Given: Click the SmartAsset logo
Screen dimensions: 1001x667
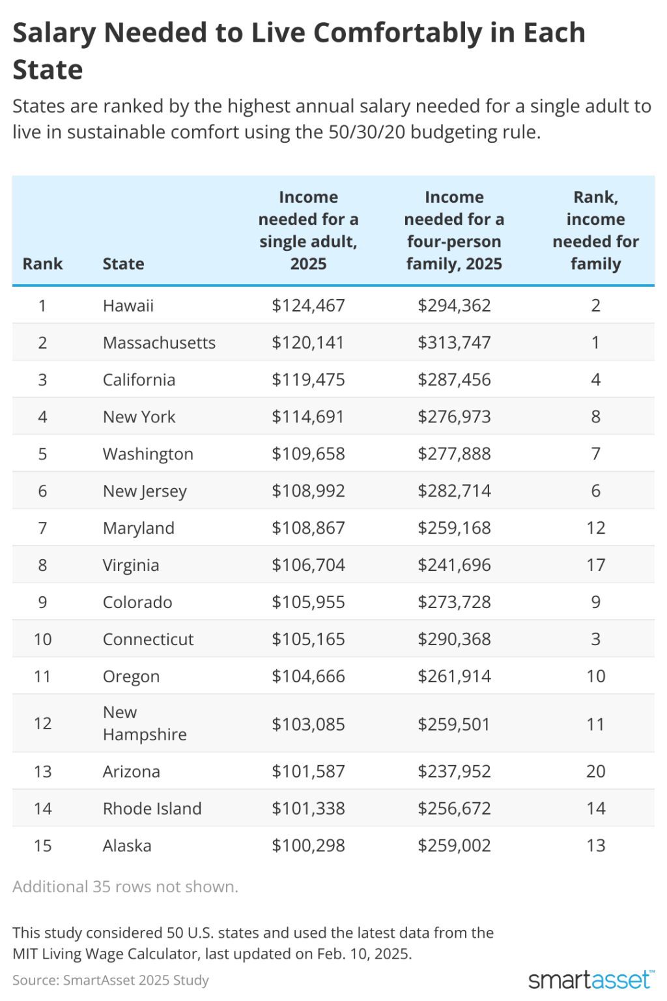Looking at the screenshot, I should pyautogui.click(x=590, y=979).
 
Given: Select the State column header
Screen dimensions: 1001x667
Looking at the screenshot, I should pyautogui.click(x=123, y=264).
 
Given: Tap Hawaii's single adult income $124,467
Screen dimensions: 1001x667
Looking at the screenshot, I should pyautogui.click(x=308, y=306).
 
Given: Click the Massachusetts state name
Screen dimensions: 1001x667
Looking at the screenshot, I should pyautogui.click(x=159, y=343).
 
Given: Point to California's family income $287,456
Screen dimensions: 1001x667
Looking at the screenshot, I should pyautogui.click(x=454, y=380).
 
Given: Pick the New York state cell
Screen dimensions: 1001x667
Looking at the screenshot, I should pyautogui.click(x=139, y=417).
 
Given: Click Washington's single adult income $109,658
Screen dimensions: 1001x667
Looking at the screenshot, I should pyautogui.click(x=308, y=454).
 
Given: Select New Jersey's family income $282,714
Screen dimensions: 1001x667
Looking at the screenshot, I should pyautogui.click(x=454, y=491).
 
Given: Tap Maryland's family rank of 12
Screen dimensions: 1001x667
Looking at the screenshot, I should pyautogui.click(x=595, y=529).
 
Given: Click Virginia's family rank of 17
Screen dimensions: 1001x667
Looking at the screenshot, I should pyautogui.click(x=595, y=566).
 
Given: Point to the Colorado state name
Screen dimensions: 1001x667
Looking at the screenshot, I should pyautogui.click(x=137, y=603).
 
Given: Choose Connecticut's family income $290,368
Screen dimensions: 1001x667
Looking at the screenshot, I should pyautogui.click(x=454, y=640).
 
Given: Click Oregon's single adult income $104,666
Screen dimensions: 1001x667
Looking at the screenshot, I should pyautogui.click(x=308, y=677).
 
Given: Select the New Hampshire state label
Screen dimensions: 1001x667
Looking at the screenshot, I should pyautogui.click(x=144, y=724).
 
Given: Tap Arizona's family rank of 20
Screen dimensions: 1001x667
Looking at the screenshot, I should pyautogui.click(x=595, y=772).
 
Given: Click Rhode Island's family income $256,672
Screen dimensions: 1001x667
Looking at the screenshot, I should pyautogui.click(x=454, y=809).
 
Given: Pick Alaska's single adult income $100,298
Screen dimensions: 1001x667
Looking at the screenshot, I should pyautogui.click(x=308, y=847).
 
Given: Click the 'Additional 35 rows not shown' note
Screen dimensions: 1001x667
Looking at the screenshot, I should pyautogui.click(x=125, y=887).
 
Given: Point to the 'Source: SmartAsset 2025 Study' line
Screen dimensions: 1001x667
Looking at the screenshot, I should pyautogui.click(x=111, y=980).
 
